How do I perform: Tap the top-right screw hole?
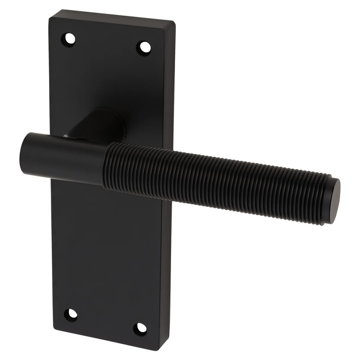point(144,47)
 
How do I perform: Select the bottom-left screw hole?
point(71,314)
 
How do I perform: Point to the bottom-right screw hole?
point(140,328)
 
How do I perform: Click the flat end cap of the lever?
point(333,201)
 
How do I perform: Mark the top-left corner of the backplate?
point(50,17)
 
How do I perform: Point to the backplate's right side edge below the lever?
point(165,270)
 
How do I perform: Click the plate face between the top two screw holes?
point(107,43)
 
